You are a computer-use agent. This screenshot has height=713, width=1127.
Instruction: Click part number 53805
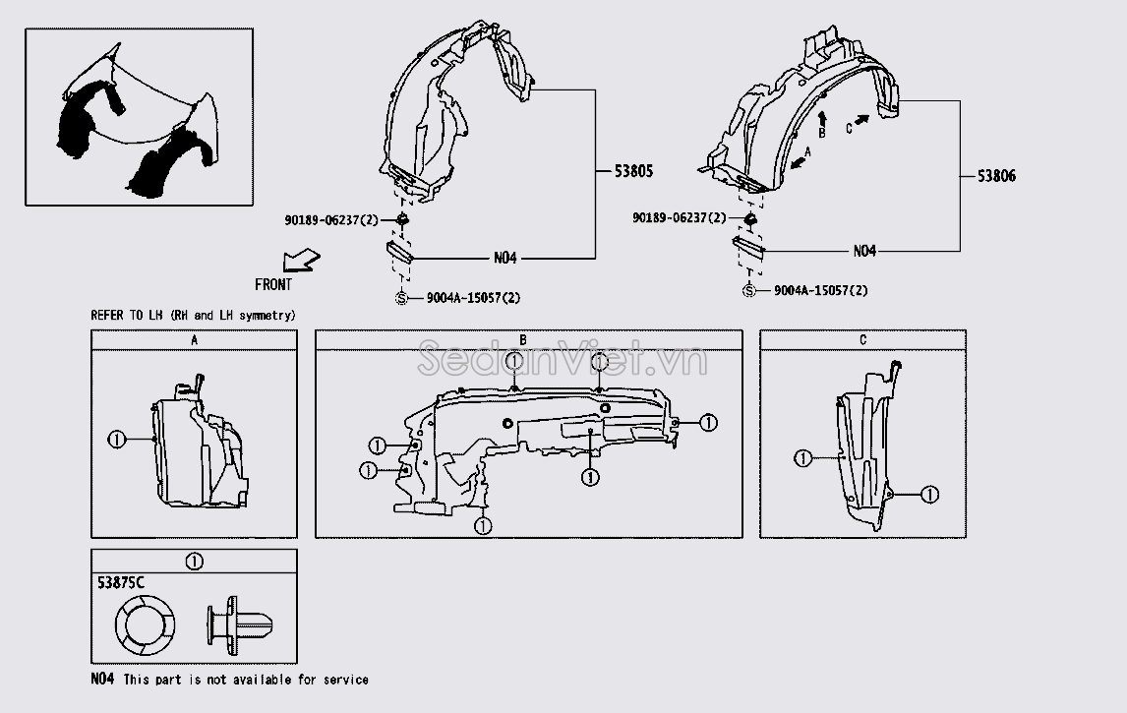pos(633,171)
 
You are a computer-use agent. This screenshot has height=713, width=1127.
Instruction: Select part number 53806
pos(996,176)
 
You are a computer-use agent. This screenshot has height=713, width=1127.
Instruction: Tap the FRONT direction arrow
pos(301,261)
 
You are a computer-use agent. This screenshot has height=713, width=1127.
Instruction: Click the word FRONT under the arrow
pos(273,284)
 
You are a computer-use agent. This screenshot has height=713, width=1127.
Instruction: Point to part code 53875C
pos(121,582)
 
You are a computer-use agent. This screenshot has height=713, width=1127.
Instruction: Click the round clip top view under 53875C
pos(146,624)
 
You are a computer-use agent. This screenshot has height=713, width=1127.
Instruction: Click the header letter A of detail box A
pos(194,340)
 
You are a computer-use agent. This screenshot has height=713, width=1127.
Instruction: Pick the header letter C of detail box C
pos(862,340)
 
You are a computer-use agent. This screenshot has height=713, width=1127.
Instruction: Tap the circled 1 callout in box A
pos(116,439)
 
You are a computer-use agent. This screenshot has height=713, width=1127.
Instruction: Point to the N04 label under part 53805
pos(505,258)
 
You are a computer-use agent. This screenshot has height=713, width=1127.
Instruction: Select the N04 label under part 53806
pos(864,251)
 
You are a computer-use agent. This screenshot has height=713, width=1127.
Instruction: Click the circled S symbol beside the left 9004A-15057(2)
pos(402,298)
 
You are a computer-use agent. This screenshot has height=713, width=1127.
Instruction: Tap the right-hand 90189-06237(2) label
pos(680,217)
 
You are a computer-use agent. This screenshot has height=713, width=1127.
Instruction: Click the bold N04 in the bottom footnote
pos(103,679)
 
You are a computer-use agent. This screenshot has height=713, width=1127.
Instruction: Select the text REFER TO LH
pos(127,315)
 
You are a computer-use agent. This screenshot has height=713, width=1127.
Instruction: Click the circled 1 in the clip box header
pos(194,562)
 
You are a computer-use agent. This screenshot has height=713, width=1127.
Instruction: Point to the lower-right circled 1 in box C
pos(930,495)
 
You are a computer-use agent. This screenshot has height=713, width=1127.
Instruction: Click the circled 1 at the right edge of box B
pos(709,423)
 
